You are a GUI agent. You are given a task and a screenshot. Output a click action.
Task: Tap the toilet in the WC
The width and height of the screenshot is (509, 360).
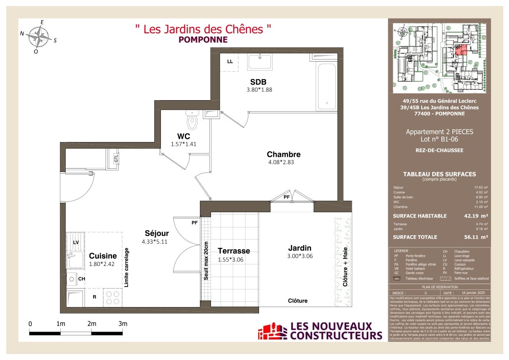pyautogui.click(x=192, y=120)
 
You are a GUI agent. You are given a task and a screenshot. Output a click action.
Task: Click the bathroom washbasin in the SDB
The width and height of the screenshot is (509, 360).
pyautogui.click(x=259, y=62)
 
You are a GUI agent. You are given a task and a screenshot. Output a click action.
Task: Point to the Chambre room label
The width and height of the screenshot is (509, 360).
pyautogui.click(x=284, y=154)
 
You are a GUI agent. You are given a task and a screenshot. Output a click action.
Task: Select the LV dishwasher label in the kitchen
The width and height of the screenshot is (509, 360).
pyautogui.click(x=76, y=243)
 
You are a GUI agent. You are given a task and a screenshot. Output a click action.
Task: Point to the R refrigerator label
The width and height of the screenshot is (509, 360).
pyautogui.click(x=94, y=296)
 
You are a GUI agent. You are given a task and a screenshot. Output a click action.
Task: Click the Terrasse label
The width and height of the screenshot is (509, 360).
pyautogui.click(x=234, y=250)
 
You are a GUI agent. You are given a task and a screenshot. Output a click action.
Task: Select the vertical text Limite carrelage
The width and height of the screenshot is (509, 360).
pyautogui.click(x=126, y=267)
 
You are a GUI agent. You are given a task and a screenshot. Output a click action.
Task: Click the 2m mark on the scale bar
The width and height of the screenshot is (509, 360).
pyautogui.click(x=92, y=324)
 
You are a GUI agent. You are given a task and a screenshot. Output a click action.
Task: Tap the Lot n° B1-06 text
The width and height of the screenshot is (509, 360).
pyautogui.click(x=439, y=140)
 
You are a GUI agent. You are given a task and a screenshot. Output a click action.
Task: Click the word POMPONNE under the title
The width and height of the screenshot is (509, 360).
pyautogui.click(x=203, y=40)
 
